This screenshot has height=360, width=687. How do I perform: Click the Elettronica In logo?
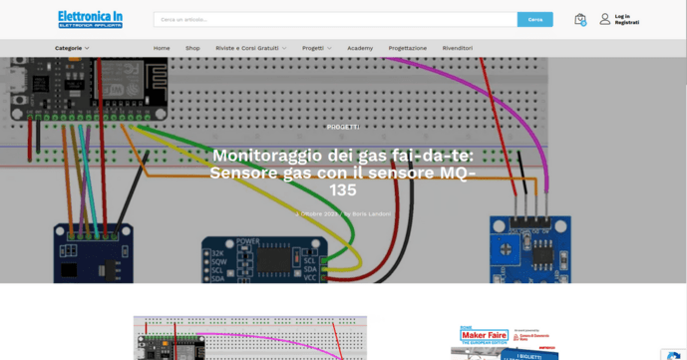click(90, 19)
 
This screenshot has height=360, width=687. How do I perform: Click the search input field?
click(335, 19)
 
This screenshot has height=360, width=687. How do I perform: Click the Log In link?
click(622, 16)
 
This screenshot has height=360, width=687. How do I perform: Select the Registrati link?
click(626, 22)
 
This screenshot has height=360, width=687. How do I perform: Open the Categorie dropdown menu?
click(72, 48)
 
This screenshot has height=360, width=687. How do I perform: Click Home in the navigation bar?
click(162, 48)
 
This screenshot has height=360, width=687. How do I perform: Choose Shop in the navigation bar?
click(192, 48)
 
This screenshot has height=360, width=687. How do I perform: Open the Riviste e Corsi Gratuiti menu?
click(250, 48)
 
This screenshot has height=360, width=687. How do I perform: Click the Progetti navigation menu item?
click(316, 48)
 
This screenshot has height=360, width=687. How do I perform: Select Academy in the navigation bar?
click(360, 48)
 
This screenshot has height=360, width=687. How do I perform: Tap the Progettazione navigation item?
click(408, 48)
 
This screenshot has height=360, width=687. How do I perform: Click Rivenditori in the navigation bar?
click(458, 48)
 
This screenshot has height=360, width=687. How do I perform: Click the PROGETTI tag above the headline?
click(343, 127)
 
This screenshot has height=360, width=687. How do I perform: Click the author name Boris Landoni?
click(371, 213)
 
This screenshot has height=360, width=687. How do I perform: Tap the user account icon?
click(604, 19)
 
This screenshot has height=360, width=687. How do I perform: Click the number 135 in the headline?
click(343, 189)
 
